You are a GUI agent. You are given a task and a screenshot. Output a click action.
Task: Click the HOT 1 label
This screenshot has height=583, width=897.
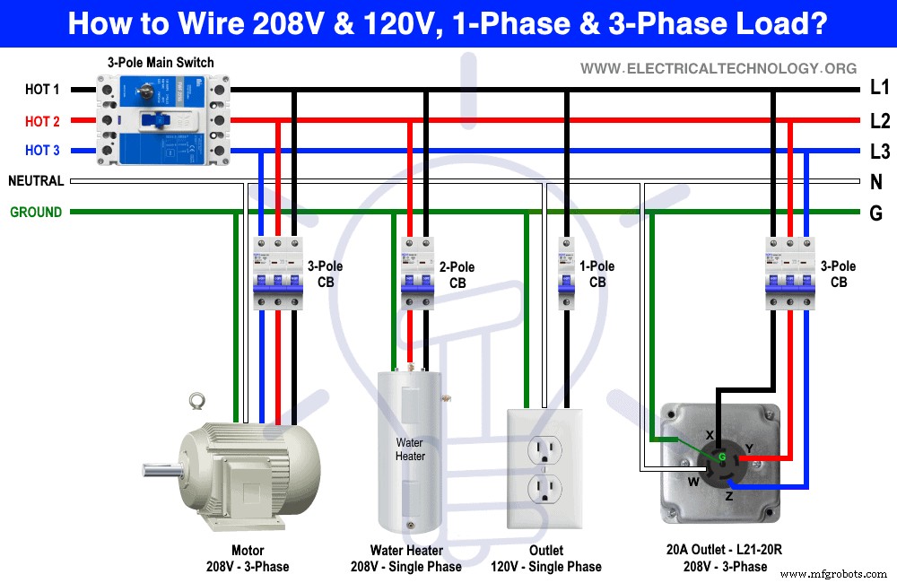click(x=42, y=90)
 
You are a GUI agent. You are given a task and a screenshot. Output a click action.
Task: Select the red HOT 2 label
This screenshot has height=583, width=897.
click(x=42, y=121)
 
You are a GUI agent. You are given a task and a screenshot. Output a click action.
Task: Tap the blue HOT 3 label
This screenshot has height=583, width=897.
click(x=42, y=151)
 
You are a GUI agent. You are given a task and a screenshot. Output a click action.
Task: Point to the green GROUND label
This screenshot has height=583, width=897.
click(x=36, y=213)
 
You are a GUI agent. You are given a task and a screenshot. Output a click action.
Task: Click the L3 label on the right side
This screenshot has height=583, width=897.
click(x=880, y=151)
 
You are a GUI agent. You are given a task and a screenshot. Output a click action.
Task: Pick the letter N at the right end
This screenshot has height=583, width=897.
click(x=876, y=182)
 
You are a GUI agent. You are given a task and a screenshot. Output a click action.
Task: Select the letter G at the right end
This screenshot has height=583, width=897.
click(x=876, y=213)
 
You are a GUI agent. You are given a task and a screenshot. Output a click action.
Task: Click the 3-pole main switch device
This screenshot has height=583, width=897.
click(x=161, y=120)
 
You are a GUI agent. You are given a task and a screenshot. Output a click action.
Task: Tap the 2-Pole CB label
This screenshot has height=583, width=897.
click(x=457, y=275)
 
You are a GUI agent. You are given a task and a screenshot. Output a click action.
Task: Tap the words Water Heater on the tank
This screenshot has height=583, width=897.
click(x=410, y=449)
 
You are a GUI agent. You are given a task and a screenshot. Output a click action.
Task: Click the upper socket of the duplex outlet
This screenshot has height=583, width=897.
click(x=544, y=448)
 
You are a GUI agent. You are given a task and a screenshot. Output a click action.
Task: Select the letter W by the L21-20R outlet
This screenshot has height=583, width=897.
click(x=692, y=481)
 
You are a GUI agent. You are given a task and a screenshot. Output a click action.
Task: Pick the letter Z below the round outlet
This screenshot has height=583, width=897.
click(x=728, y=496)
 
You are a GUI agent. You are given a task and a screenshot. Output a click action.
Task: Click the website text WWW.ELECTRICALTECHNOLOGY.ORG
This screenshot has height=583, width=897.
click(x=718, y=68)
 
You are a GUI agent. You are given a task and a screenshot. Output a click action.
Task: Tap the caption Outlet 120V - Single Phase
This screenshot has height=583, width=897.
click(x=545, y=559)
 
